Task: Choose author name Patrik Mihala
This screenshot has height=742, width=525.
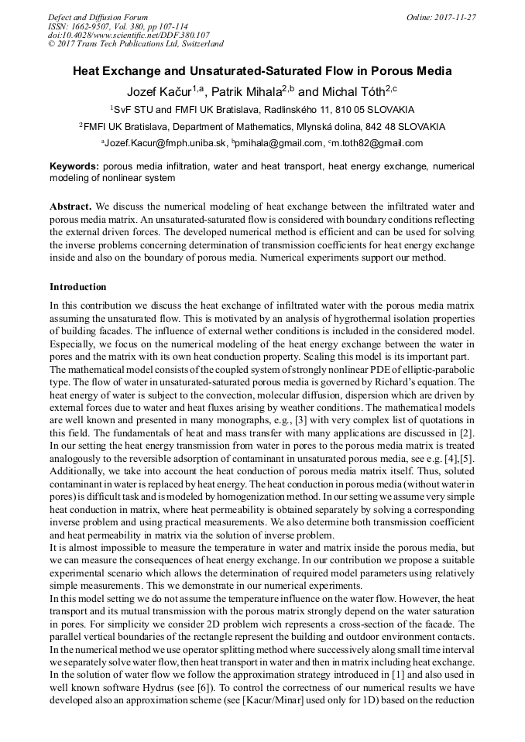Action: [x=249, y=92]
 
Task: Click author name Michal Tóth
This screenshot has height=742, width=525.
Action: [x=356, y=92]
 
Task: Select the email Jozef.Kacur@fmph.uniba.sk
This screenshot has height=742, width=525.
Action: [x=165, y=143]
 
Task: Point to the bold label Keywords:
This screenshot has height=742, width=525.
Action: [x=74, y=166]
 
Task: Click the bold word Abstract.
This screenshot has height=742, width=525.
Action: [x=70, y=207]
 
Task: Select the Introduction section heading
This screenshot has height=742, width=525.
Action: [x=78, y=287]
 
